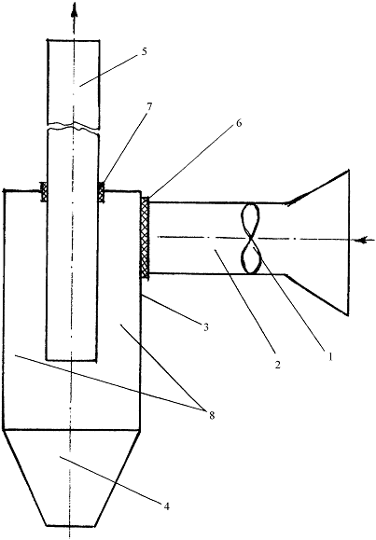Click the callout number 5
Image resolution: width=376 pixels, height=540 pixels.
(x=144, y=51)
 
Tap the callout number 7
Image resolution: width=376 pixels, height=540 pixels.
(x=148, y=106)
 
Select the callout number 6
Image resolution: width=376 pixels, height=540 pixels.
(x=239, y=123)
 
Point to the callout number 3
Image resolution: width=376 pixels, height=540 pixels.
(x=206, y=326)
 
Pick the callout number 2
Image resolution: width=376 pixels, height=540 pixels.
(x=278, y=365)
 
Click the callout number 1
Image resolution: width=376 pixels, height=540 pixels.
(x=330, y=357)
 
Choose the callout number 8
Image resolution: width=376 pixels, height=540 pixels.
(x=211, y=415)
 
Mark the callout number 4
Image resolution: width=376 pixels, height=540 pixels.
(x=166, y=506)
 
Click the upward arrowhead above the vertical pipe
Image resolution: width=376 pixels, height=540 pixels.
(x=74, y=9)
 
